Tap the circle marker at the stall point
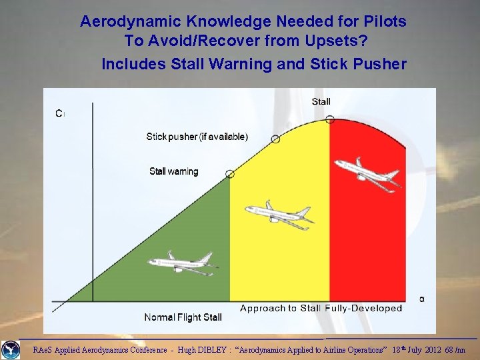coord(330,119)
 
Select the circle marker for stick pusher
coord(275,139)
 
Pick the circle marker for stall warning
coord(230,173)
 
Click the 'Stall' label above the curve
coord(321,101)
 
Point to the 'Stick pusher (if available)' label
coord(197,137)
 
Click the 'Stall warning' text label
coord(173,171)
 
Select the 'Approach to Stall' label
coord(280,308)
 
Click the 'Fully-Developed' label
coord(365,308)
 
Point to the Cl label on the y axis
coord(60,113)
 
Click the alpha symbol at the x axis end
coord(421,299)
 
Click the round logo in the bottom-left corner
coord(11,349)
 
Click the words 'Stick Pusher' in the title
coord(366,64)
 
